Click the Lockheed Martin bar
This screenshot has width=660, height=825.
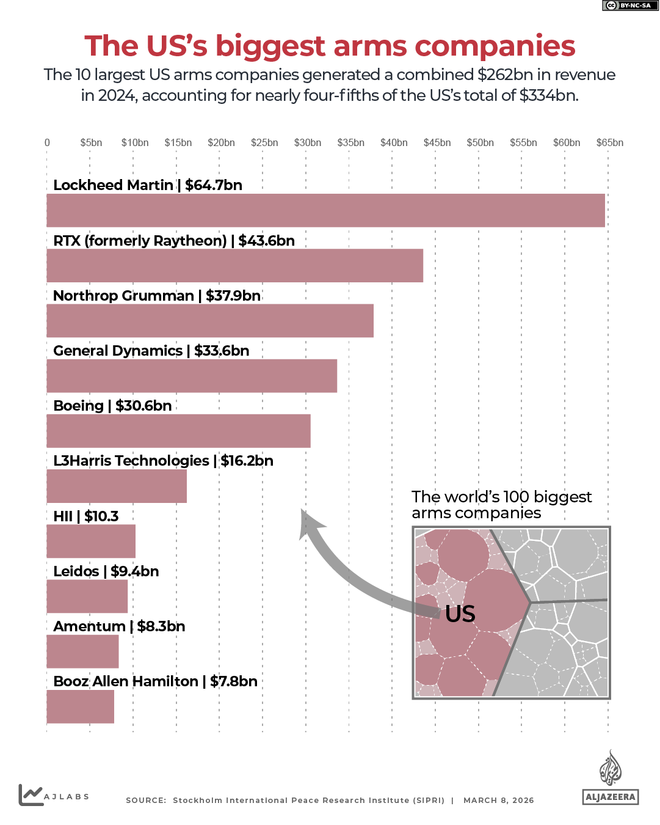tap(325, 211)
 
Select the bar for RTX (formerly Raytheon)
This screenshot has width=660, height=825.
tap(235, 266)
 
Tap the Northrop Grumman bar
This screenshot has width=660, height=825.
tap(210, 321)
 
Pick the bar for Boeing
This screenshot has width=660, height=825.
tap(178, 431)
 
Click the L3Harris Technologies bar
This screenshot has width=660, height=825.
tap(117, 486)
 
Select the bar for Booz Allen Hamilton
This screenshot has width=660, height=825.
tap(81, 707)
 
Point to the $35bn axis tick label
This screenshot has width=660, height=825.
tap(350, 143)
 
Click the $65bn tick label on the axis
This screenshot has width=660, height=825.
tap(609, 143)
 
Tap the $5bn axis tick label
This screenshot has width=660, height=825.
tap(91, 143)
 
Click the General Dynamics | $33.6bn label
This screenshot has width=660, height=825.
tap(151, 351)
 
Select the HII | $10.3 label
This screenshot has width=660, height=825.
tap(86, 516)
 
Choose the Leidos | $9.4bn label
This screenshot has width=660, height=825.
tap(106, 571)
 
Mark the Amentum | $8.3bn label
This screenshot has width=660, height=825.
tap(119, 626)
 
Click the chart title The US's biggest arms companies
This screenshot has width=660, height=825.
tap(330, 46)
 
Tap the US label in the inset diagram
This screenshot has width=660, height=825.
tap(460, 614)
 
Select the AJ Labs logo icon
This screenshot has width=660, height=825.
tap(31, 794)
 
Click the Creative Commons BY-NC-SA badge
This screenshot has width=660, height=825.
tap(629, 5)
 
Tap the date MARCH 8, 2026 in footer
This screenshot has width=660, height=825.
tap(498, 801)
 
